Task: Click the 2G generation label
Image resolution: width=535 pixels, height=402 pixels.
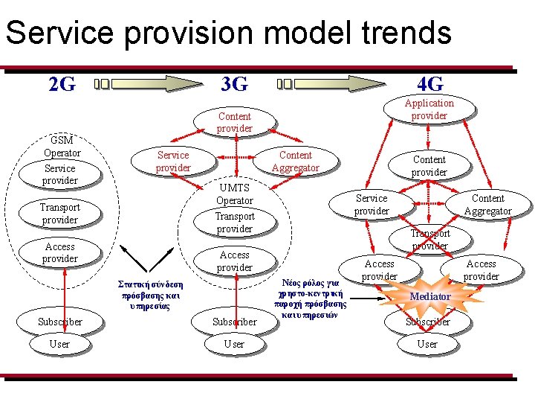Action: point(62,84)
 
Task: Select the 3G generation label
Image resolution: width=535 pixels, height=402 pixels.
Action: point(235,84)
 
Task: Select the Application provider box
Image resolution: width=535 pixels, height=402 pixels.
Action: point(429,109)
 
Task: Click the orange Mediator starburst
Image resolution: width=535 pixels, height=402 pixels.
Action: point(430,296)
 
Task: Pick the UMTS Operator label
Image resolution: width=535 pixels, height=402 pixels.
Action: point(234,194)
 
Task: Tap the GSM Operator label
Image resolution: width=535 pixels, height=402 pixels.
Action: point(62,147)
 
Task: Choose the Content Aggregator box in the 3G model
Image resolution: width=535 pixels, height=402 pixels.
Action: point(295,162)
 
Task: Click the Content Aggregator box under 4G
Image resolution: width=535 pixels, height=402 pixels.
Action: point(487,205)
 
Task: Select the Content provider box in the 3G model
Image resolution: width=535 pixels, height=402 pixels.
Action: point(234,123)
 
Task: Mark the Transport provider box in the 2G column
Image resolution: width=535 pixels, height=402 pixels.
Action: point(59,214)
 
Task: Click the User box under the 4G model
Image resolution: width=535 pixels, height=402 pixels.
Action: point(427,344)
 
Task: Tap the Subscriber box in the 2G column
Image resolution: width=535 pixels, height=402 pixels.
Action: point(59,322)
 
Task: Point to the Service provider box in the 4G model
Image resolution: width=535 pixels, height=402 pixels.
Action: point(372,205)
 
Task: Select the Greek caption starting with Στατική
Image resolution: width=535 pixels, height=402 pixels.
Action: point(151,296)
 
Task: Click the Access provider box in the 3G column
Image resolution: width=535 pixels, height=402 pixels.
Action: point(234,261)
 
